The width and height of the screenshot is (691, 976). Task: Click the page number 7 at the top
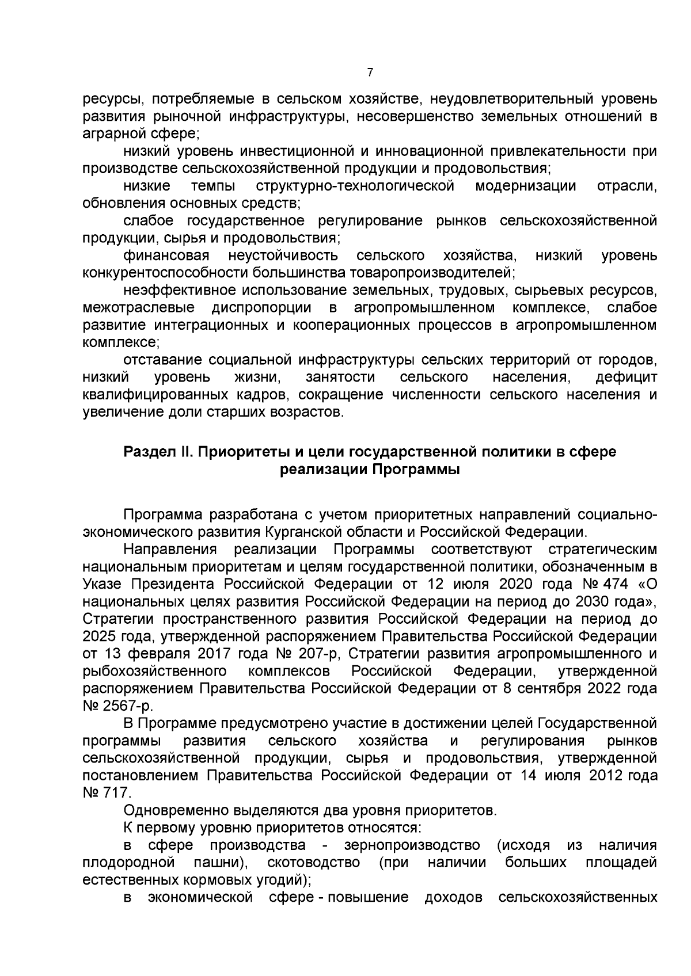(x=370, y=73)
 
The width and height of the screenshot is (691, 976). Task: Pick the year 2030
(x=590, y=601)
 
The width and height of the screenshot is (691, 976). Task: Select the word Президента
(x=175, y=584)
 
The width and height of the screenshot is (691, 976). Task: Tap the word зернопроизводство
(x=412, y=845)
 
